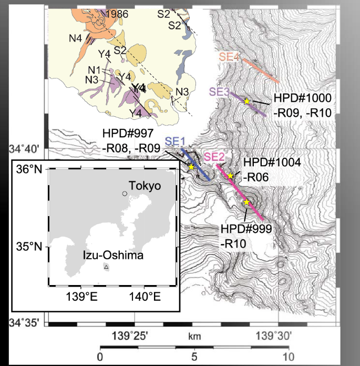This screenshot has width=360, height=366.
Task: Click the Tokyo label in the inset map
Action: pos(145,187)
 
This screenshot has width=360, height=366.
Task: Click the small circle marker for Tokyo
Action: pos(125,194)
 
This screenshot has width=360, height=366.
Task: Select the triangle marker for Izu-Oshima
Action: pos(106,267)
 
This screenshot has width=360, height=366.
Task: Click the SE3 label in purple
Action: pos(219,91)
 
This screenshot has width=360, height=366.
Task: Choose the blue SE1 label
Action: pos(176,141)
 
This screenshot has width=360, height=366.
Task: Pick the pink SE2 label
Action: pos(214,156)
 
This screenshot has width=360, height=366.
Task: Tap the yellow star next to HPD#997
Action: pos(191,167)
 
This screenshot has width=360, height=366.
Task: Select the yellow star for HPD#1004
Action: pos(230,176)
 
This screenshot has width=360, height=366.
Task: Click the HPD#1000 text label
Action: pos(302,98)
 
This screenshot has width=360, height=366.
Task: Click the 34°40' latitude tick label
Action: pos(24,149)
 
